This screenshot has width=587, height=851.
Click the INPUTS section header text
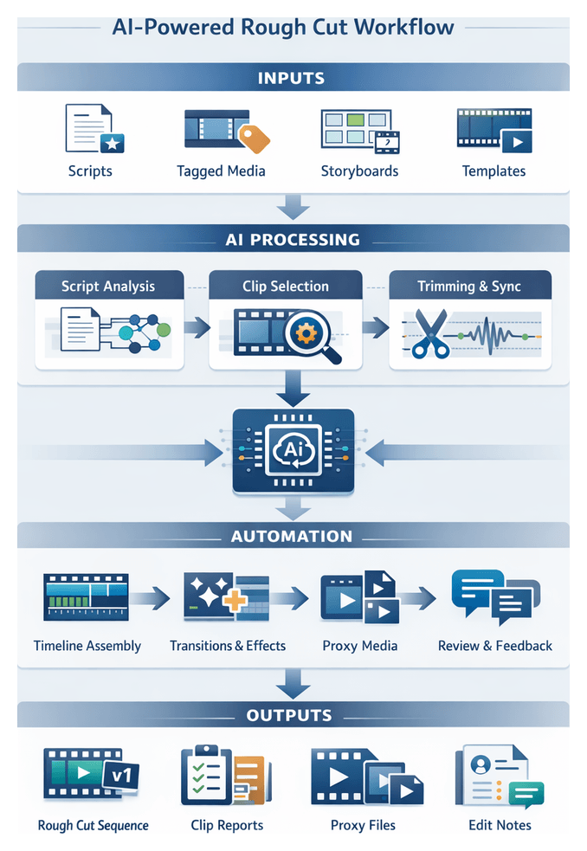click(x=291, y=78)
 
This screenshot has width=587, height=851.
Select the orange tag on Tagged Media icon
click(x=255, y=137)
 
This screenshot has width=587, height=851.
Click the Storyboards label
click(x=359, y=171)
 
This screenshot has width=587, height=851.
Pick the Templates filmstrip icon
click(x=493, y=130)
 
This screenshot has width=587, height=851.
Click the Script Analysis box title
click(x=109, y=286)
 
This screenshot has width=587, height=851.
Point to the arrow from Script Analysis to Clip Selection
click(x=197, y=326)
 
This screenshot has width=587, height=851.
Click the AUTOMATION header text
click(x=292, y=537)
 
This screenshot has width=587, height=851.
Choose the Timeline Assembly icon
click(x=86, y=596)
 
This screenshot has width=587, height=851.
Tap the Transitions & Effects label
click(x=228, y=646)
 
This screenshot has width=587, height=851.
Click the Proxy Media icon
click(x=359, y=596)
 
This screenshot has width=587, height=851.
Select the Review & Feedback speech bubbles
click(x=495, y=596)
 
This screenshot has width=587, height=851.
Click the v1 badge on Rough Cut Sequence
click(x=119, y=777)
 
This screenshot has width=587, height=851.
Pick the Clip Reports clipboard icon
click(x=223, y=774)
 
